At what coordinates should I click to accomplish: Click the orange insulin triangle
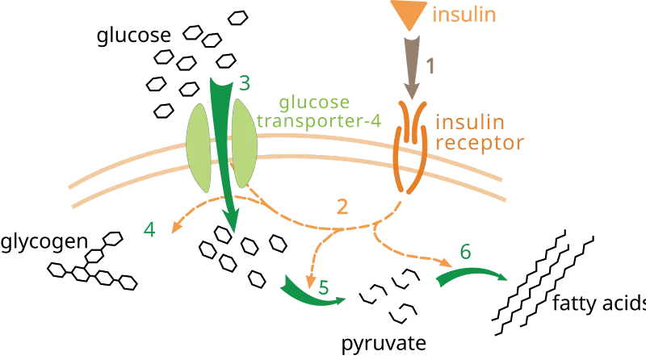[x=409, y=12]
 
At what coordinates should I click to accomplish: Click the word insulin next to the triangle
[x=464, y=15]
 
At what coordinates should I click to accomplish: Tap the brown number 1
[x=430, y=66]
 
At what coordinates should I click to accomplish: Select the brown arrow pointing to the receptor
[x=412, y=68]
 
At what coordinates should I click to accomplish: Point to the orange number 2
[x=342, y=207]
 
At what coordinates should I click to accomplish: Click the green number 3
[x=245, y=83]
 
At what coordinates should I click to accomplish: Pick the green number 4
[x=149, y=229]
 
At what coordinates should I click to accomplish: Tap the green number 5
[x=324, y=287]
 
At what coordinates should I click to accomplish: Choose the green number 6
[x=466, y=252]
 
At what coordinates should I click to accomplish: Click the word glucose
[x=133, y=36]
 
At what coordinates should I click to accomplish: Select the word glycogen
[x=44, y=242]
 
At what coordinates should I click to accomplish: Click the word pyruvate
[x=384, y=343]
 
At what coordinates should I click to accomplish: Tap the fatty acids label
[x=599, y=303]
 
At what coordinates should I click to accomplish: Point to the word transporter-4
[x=319, y=120]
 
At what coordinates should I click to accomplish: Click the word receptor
[x=480, y=143]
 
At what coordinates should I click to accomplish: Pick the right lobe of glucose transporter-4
[x=245, y=143]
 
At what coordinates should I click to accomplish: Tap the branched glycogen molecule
[x=92, y=262]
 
